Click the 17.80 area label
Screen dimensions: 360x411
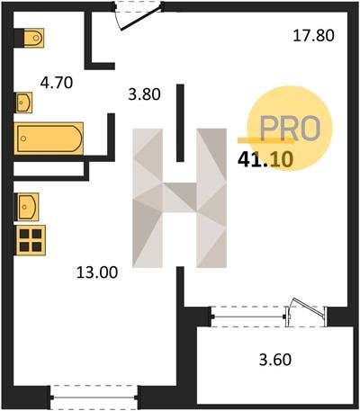click(x=313, y=36)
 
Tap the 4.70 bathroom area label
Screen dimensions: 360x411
click(x=57, y=83)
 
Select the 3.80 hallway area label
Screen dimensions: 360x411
click(x=144, y=94)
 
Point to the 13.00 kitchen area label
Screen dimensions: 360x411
click(x=97, y=273)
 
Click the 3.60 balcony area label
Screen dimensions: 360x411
click(x=275, y=360)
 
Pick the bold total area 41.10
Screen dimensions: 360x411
click(x=265, y=159)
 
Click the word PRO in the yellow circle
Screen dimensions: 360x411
click(x=290, y=129)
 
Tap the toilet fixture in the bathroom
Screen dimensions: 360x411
click(x=30, y=38)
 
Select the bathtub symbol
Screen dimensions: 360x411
click(x=49, y=138)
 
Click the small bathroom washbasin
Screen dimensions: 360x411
click(x=23, y=103)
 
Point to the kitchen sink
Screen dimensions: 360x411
click(x=27, y=207)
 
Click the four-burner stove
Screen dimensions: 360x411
click(x=31, y=240)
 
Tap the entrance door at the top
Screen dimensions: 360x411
click(x=139, y=16)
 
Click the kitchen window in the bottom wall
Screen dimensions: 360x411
click(x=94, y=398)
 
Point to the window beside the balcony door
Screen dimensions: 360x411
click(x=248, y=317)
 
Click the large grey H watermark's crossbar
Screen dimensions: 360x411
click(x=179, y=197)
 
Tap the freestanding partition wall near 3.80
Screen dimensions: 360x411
click(x=180, y=123)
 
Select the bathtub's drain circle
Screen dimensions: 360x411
click(x=23, y=138)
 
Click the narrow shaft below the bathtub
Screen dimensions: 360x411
click(x=49, y=169)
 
